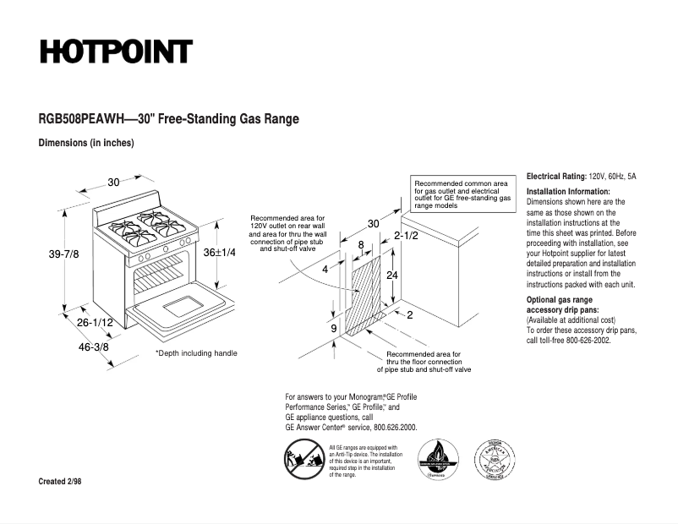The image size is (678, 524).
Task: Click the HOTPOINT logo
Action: tap(116, 52)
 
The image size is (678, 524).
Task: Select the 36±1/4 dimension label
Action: tap(219, 252)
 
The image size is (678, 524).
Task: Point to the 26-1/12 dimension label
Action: tap(96, 323)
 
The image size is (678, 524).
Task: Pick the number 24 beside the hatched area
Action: tap(392, 276)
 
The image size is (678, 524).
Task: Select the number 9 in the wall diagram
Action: tap(334, 328)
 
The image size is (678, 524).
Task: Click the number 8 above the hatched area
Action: tap(362, 245)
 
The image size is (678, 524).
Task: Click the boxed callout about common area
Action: tap(462, 194)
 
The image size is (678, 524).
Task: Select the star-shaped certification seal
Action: tap(494, 460)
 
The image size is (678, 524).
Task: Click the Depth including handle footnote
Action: tap(196, 352)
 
